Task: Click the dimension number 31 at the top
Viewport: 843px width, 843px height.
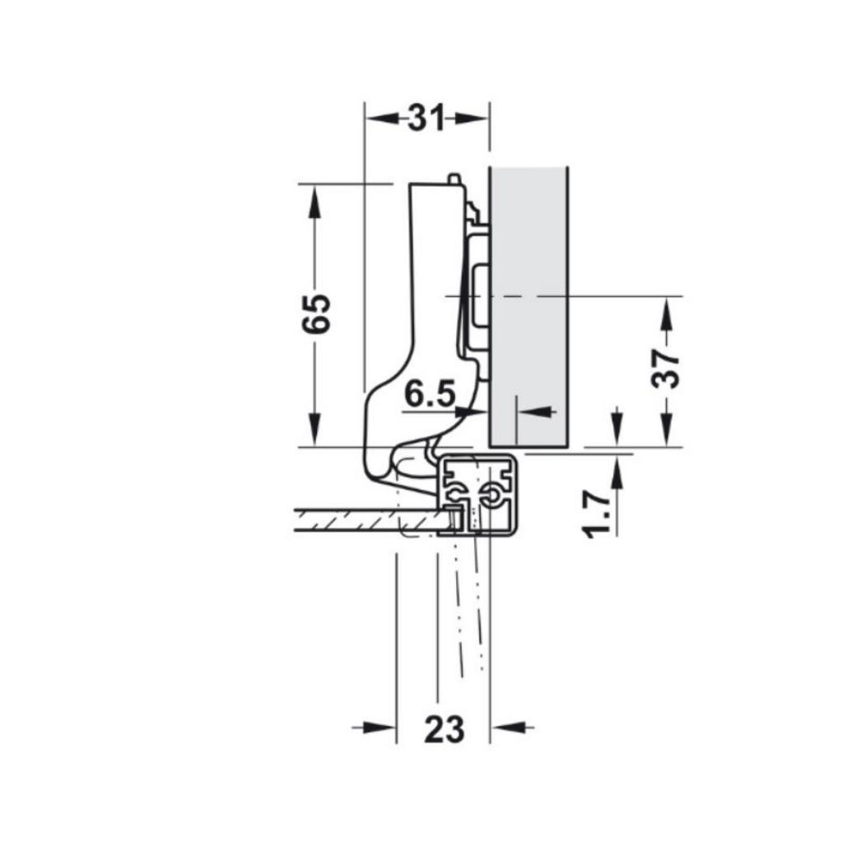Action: pyautogui.click(x=426, y=119)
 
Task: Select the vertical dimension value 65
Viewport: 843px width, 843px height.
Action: pyautogui.click(x=316, y=314)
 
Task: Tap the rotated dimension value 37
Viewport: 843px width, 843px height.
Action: pyautogui.click(x=666, y=366)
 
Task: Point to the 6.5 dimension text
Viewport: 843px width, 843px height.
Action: pyautogui.click(x=430, y=395)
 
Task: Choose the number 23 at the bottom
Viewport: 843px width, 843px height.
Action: pyautogui.click(x=444, y=729)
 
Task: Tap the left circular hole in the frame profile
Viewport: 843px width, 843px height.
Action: pyautogui.click(x=454, y=496)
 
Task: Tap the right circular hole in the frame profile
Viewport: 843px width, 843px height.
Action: pyautogui.click(x=493, y=496)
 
